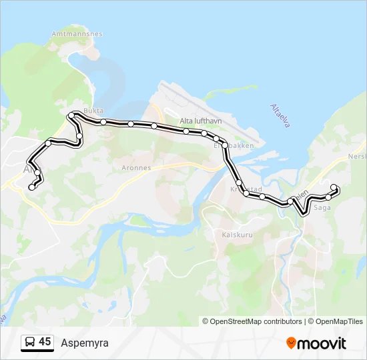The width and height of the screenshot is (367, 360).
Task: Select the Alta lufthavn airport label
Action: point(200,121)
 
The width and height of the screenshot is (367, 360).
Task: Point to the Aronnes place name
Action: point(136,168)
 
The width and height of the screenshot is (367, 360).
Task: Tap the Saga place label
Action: point(322,208)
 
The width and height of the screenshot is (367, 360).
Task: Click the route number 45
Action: point(45,342)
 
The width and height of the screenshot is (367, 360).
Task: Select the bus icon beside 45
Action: point(30,343)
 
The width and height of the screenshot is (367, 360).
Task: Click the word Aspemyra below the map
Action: point(84,343)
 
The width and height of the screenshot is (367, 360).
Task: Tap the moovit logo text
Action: point(322,343)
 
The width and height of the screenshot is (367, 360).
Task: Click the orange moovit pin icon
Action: point(292,343)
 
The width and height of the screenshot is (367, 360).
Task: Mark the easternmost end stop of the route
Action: point(334,187)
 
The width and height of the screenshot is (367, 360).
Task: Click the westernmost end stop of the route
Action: point(31,187)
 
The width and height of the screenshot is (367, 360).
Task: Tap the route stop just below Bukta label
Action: point(103,122)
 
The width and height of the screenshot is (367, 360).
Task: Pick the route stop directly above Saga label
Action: point(328,197)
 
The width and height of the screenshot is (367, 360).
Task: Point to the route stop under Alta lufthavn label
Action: point(186,131)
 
